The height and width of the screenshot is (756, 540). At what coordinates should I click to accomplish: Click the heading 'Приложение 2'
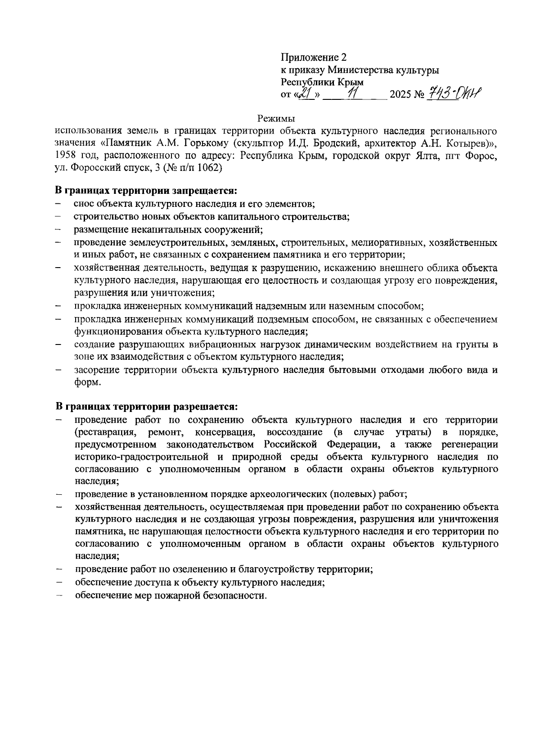[x=314, y=57]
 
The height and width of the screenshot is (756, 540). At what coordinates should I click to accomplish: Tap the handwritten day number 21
[x=306, y=94]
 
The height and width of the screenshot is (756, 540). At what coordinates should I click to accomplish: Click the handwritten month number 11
[x=352, y=94]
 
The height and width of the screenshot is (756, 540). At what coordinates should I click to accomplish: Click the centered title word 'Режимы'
[x=276, y=119]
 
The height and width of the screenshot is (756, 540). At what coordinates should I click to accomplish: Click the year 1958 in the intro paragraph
[x=65, y=156]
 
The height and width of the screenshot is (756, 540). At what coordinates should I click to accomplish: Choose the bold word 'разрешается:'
[x=207, y=407]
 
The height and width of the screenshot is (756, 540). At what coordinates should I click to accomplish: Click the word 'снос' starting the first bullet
[x=84, y=203]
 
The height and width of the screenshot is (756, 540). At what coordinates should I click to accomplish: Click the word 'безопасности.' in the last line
[x=238, y=596]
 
